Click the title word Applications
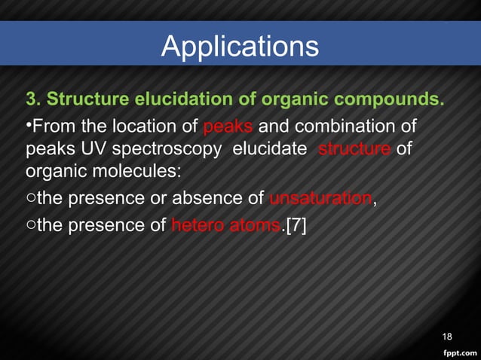[240, 47]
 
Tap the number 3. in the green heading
[34, 100]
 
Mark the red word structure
[354, 148]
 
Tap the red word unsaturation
[320, 199]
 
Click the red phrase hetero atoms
[225, 224]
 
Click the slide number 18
[446, 336]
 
